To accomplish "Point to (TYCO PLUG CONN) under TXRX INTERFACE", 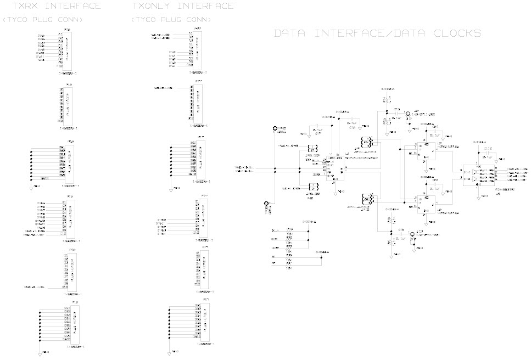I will (x=43, y=20).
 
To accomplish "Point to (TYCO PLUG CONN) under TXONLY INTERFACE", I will (x=171, y=20).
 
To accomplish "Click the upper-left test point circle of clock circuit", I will (x=275, y=129).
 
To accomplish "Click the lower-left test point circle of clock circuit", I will (x=266, y=203).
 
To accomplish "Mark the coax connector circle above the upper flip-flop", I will (x=409, y=115).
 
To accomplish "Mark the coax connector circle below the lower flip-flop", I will (x=411, y=234).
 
